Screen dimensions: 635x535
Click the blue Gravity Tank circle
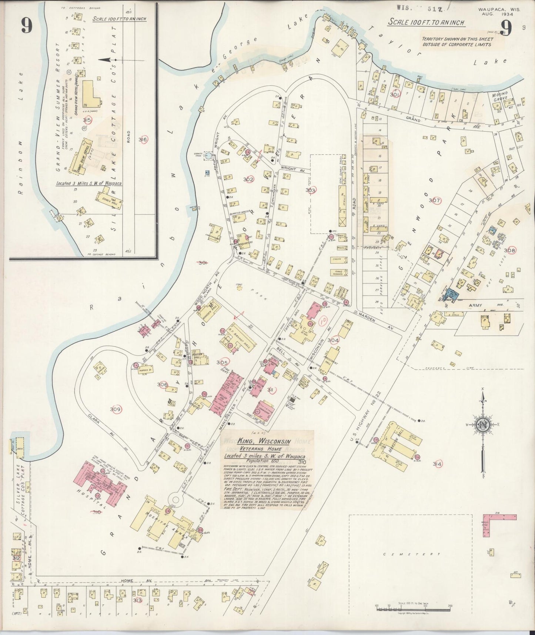tap(209, 156)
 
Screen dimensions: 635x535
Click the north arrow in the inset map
tap(106, 59)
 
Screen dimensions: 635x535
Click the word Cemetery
tap(411, 554)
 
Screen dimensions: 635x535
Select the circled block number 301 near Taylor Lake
tap(395, 94)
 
